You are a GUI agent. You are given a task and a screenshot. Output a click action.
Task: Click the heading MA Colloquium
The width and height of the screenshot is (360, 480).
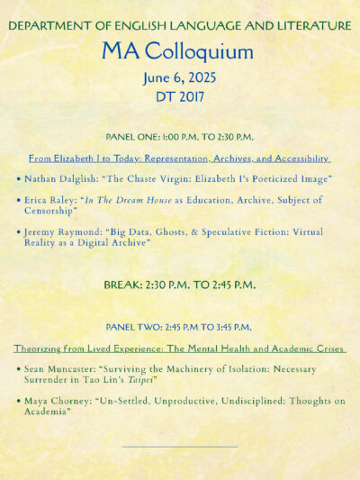177,51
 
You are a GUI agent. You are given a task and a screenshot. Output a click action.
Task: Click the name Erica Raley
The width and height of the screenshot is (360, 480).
50,200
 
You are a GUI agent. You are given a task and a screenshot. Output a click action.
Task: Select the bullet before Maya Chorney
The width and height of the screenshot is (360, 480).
18,402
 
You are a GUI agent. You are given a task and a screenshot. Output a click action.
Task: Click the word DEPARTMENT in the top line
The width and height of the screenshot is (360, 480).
46,27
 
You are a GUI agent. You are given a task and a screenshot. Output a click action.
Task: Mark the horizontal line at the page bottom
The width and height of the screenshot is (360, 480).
179,447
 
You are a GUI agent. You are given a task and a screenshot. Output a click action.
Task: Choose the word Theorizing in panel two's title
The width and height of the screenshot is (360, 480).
41,348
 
